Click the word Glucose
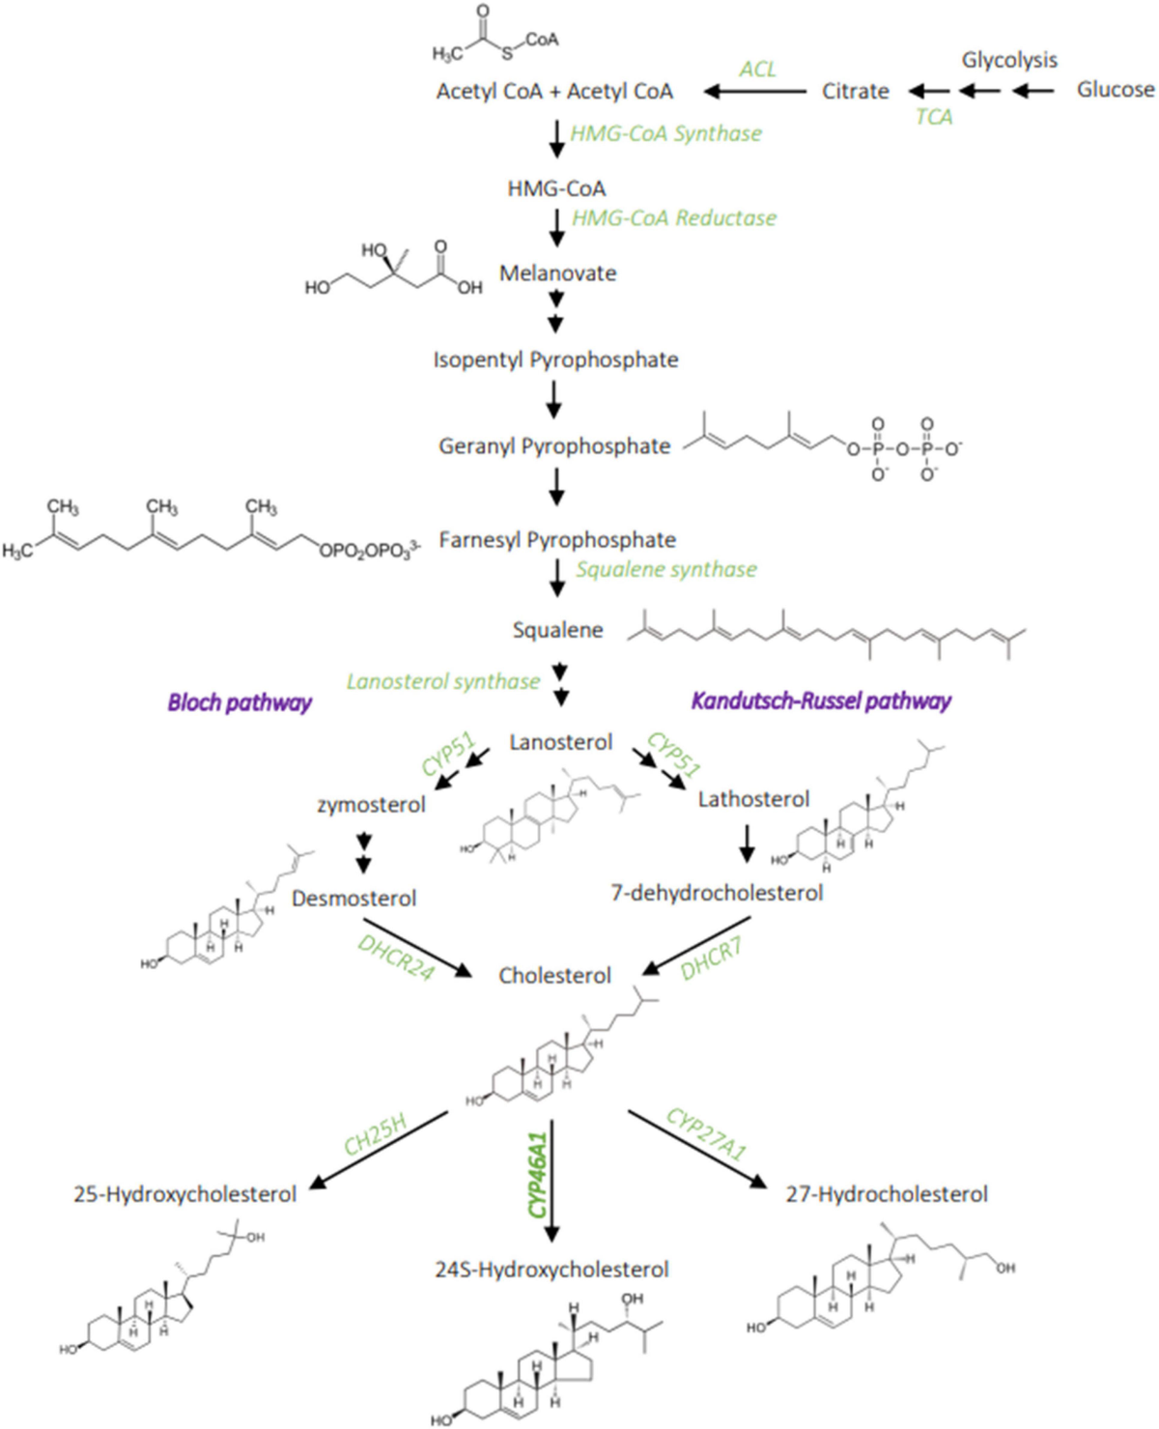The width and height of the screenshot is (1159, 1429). [1115, 90]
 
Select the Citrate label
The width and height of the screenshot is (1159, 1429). [855, 91]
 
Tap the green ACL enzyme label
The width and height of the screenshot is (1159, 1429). [757, 69]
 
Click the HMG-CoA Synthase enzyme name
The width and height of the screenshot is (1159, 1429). [665, 133]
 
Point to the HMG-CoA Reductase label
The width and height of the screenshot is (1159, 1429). [674, 218]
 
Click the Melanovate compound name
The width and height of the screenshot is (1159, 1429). [557, 273]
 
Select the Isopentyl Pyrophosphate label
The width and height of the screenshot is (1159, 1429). [555, 360]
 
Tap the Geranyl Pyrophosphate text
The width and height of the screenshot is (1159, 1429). [554, 446]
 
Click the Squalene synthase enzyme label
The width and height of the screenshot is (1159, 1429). [666, 570]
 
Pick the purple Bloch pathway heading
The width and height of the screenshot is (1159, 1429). [240, 702]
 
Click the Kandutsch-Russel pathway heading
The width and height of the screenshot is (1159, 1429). [821, 701]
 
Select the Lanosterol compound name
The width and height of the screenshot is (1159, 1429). [560, 742]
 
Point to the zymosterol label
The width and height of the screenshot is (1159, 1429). [371, 805]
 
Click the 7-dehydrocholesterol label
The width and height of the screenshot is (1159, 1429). [717, 893]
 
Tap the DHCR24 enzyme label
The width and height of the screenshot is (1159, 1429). [396, 957]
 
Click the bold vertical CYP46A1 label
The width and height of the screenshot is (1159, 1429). [537, 1175]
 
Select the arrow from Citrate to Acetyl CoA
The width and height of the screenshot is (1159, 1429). [755, 92]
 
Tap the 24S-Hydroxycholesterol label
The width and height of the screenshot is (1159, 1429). [551, 1270]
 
